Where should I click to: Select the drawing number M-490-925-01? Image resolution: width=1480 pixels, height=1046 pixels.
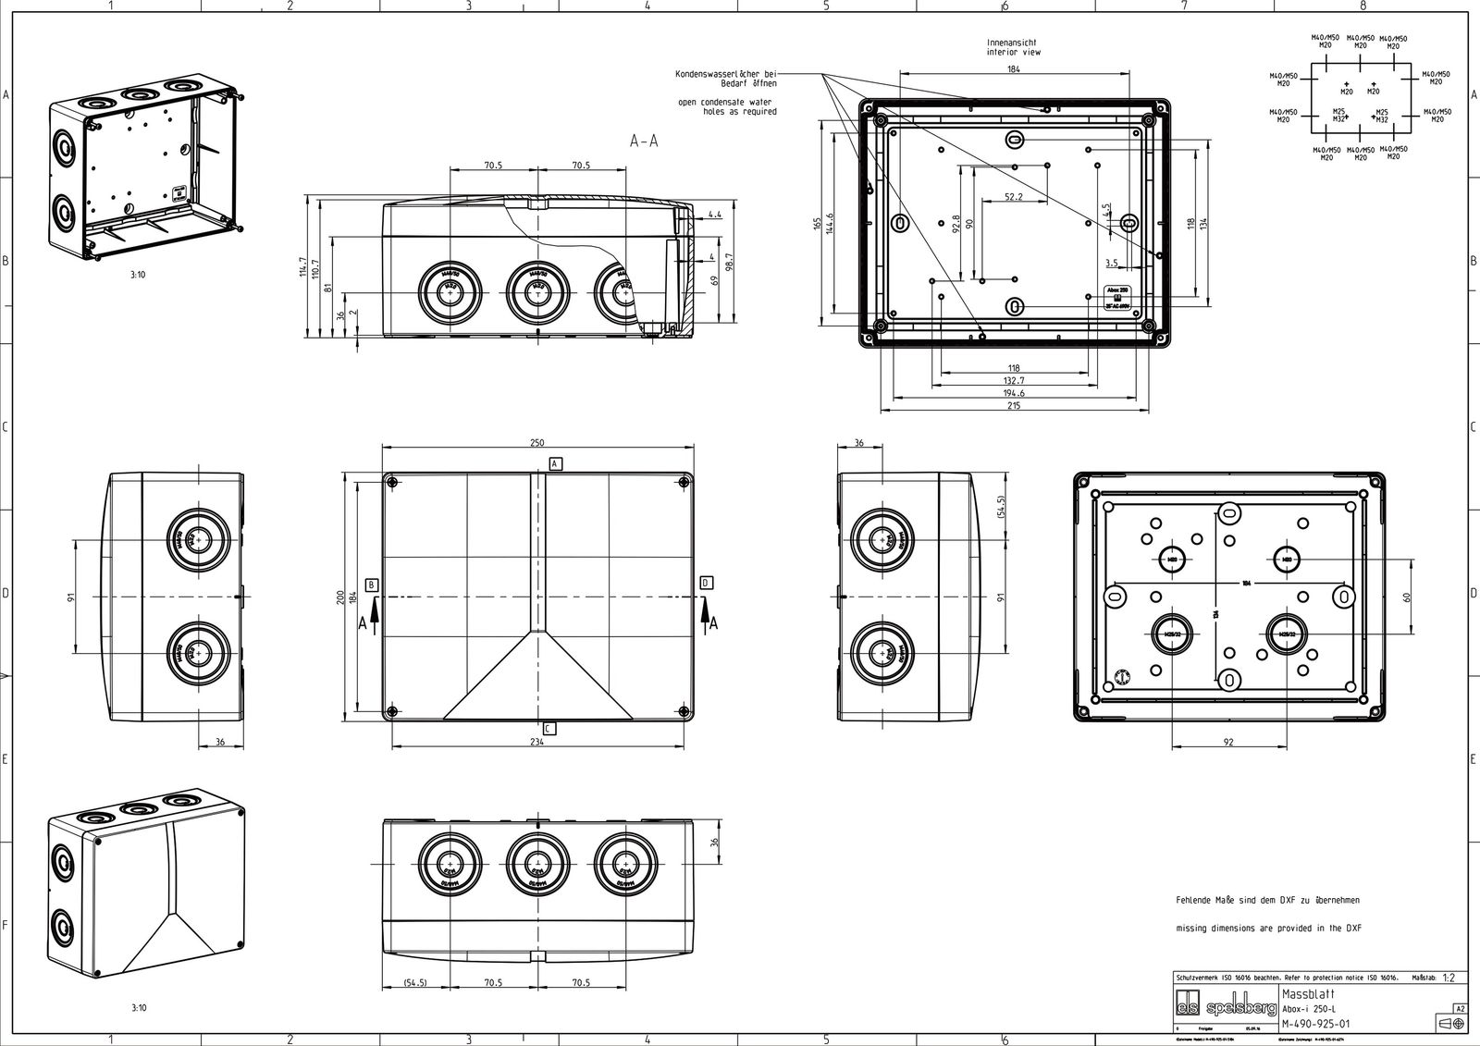(1315, 1024)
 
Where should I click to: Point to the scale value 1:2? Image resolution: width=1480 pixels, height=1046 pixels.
(1449, 977)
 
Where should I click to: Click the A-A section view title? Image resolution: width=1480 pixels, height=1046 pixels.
(644, 141)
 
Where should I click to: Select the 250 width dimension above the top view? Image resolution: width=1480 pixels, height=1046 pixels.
(536, 443)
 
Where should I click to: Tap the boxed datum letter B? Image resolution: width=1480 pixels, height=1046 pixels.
(372, 585)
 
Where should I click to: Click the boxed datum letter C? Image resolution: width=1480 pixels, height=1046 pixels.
(549, 729)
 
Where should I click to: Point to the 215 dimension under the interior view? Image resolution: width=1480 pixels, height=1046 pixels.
(1014, 405)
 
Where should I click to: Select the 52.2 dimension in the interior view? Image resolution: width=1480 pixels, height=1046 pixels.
(1014, 197)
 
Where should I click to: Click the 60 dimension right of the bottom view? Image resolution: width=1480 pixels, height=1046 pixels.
(1407, 597)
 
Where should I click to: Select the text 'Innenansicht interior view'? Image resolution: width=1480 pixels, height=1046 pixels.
(1014, 47)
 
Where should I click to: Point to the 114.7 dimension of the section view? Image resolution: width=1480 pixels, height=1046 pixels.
(302, 267)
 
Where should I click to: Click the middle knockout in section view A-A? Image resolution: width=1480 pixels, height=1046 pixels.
(535, 289)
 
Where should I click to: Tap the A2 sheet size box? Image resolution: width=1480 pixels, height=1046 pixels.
(1460, 1008)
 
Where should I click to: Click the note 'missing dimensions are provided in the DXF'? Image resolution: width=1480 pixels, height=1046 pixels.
(1268, 928)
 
